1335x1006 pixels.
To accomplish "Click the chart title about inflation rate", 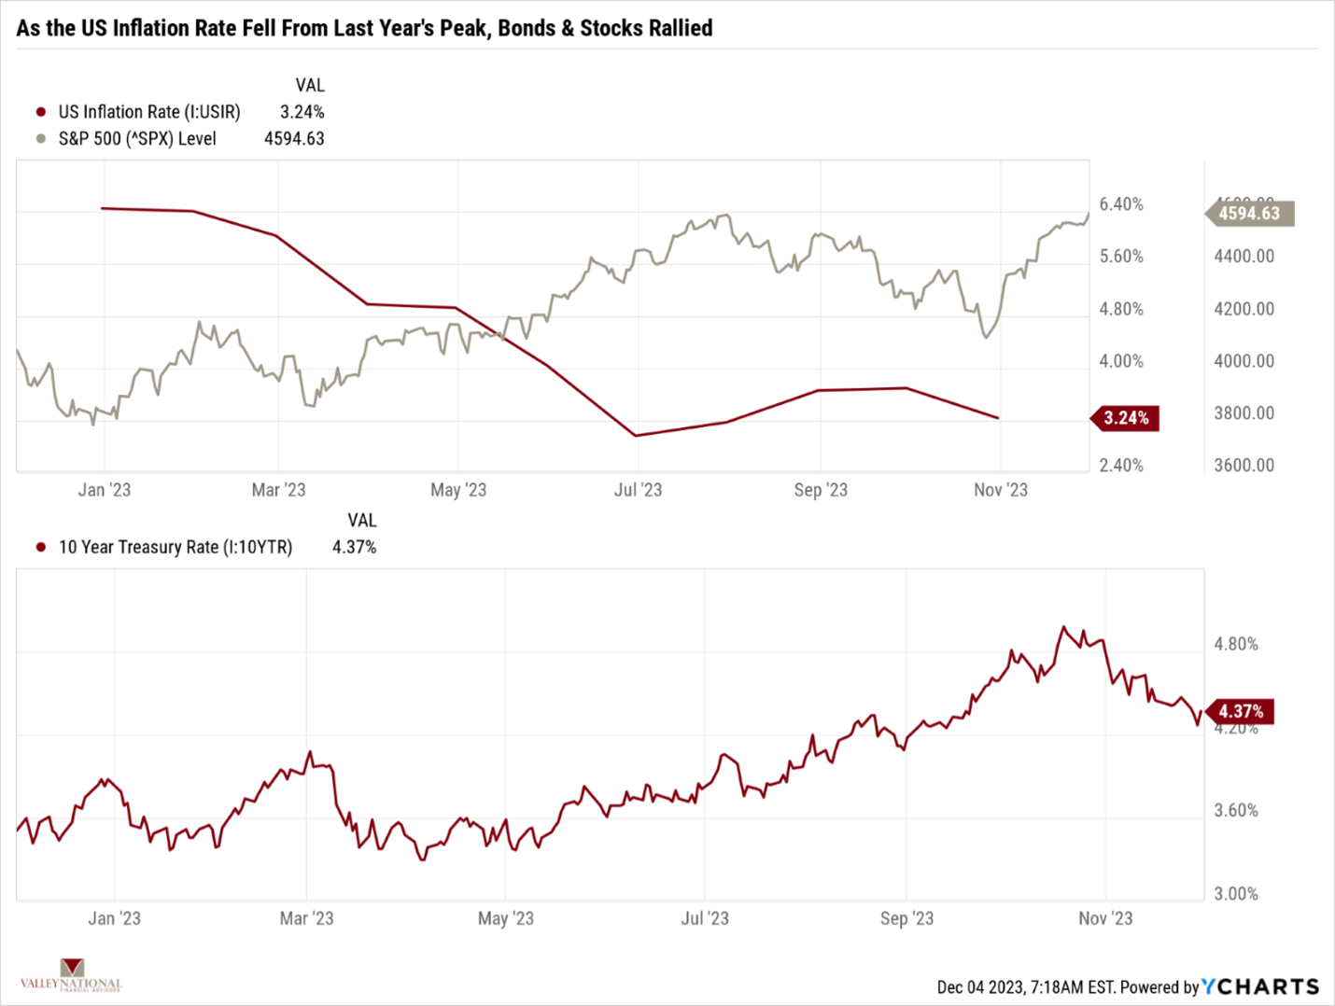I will (364, 28).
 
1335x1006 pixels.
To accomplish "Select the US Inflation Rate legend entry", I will (148, 112).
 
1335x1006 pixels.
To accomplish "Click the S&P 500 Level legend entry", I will (136, 139).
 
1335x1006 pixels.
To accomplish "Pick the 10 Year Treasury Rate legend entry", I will (175, 548).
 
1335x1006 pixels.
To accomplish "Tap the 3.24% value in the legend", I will (302, 112).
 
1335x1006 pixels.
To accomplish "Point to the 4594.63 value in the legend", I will (294, 139).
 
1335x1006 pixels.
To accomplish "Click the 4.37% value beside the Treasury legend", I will (355, 548).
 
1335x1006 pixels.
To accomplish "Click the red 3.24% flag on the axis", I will (1126, 418).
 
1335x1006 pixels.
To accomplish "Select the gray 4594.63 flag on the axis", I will (1250, 214).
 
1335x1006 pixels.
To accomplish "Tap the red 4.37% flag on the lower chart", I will (1241, 712).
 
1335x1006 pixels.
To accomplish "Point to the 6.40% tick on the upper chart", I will (1121, 204).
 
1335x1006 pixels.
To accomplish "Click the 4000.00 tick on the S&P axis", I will (1244, 361).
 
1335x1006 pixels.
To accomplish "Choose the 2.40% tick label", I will (1121, 466).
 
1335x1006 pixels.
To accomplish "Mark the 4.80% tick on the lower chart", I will (1236, 644).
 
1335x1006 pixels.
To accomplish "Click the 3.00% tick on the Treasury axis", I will (1236, 894).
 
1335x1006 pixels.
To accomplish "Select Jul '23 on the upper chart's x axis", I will (638, 491).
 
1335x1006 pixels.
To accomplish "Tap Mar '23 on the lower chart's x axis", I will (306, 919).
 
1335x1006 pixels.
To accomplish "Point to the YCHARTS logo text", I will (1260, 986).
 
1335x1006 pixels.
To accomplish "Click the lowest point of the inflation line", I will (636, 436).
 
